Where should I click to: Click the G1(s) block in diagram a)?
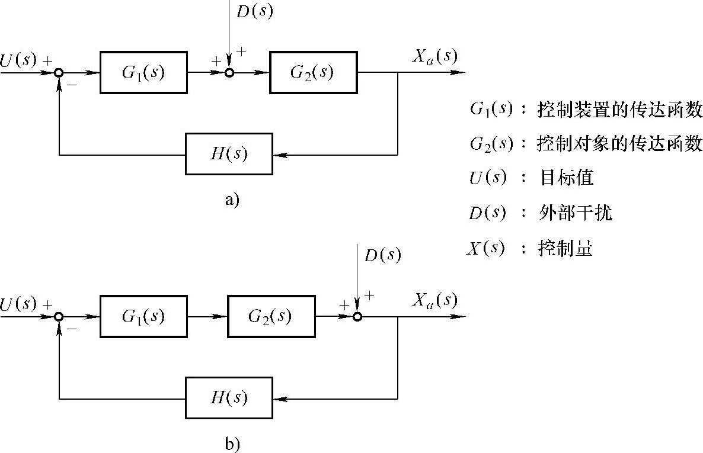[143, 72]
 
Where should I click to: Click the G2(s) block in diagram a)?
[313, 72]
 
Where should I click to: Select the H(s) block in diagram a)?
[229, 154]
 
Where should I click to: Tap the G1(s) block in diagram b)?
[143, 316]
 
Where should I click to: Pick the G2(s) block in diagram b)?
[270, 316]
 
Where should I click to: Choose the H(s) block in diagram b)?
[229, 397]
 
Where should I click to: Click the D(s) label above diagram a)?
[254, 11]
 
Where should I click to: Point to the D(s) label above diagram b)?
[382, 255]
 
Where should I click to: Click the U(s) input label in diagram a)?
[18, 59]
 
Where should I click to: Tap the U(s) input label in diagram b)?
[18, 304]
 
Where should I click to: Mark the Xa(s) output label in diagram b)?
[434, 300]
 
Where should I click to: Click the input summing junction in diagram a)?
[59, 73]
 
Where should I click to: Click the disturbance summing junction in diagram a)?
[229, 73]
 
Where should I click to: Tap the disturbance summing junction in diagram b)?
[357, 317]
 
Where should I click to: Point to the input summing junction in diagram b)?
[59, 317]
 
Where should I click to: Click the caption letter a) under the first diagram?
[231, 200]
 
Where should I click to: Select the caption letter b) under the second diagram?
[231, 444]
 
